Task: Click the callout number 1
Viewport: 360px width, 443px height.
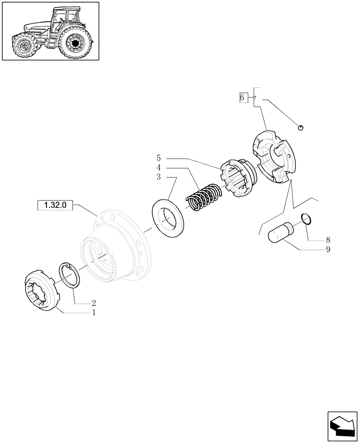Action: pyautogui.click(x=94, y=312)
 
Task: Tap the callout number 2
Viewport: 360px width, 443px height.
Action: pyautogui.click(x=94, y=303)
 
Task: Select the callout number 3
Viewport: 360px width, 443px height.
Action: pyautogui.click(x=158, y=177)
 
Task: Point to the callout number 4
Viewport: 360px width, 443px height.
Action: pyautogui.click(x=158, y=167)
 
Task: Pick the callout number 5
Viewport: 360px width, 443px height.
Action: pyautogui.click(x=158, y=158)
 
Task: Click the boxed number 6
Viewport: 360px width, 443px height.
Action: pyautogui.click(x=242, y=97)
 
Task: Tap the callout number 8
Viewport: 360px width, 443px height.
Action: pyautogui.click(x=328, y=240)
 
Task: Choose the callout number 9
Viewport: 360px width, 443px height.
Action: pyautogui.click(x=328, y=249)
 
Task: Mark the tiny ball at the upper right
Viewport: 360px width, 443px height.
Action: pyautogui.click(x=301, y=128)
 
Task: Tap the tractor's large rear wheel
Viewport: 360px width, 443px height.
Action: pyautogui.click(x=74, y=43)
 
